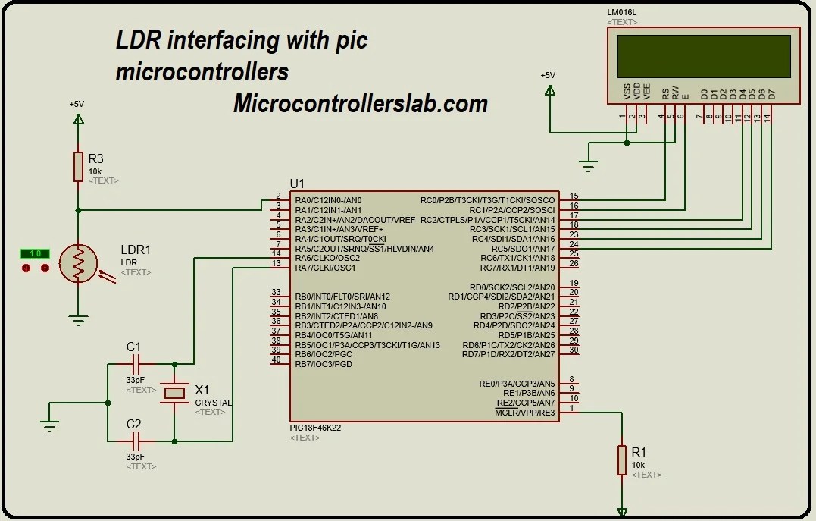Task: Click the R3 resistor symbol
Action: [x=78, y=166]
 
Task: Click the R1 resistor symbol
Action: [x=621, y=460]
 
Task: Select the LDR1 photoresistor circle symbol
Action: [x=78, y=263]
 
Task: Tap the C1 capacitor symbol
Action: [x=135, y=364]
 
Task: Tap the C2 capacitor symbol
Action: [x=135, y=441]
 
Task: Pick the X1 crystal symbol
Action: [x=174, y=392]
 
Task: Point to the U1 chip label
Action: [x=297, y=184]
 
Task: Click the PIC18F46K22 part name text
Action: [x=315, y=428]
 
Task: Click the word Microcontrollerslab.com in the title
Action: [x=360, y=103]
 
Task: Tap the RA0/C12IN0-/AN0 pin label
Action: [x=328, y=200]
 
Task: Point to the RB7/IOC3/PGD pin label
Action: [x=324, y=364]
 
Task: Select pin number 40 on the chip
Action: [x=276, y=359]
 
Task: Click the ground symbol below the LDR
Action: [x=78, y=321]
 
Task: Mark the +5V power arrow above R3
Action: [x=78, y=118]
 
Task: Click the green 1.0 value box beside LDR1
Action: [x=35, y=253]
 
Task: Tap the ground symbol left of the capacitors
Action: [x=50, y=426]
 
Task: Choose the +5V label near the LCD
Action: [x=548, y=75]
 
